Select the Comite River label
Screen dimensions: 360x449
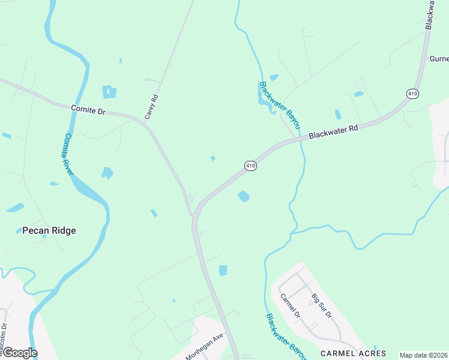tap(68, 154)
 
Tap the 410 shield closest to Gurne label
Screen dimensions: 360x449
tap(412, 94)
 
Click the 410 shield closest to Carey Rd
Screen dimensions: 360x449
tap(251, 166)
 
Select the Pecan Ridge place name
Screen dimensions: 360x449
tap(49, 230)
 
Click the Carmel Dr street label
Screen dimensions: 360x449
tap(290, 306)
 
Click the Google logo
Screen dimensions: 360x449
tap(19, 352)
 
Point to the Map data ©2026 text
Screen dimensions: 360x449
tap(423, 355)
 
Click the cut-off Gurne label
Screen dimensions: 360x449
tap(438, 59)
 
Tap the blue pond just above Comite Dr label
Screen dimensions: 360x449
tap(109, 92)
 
